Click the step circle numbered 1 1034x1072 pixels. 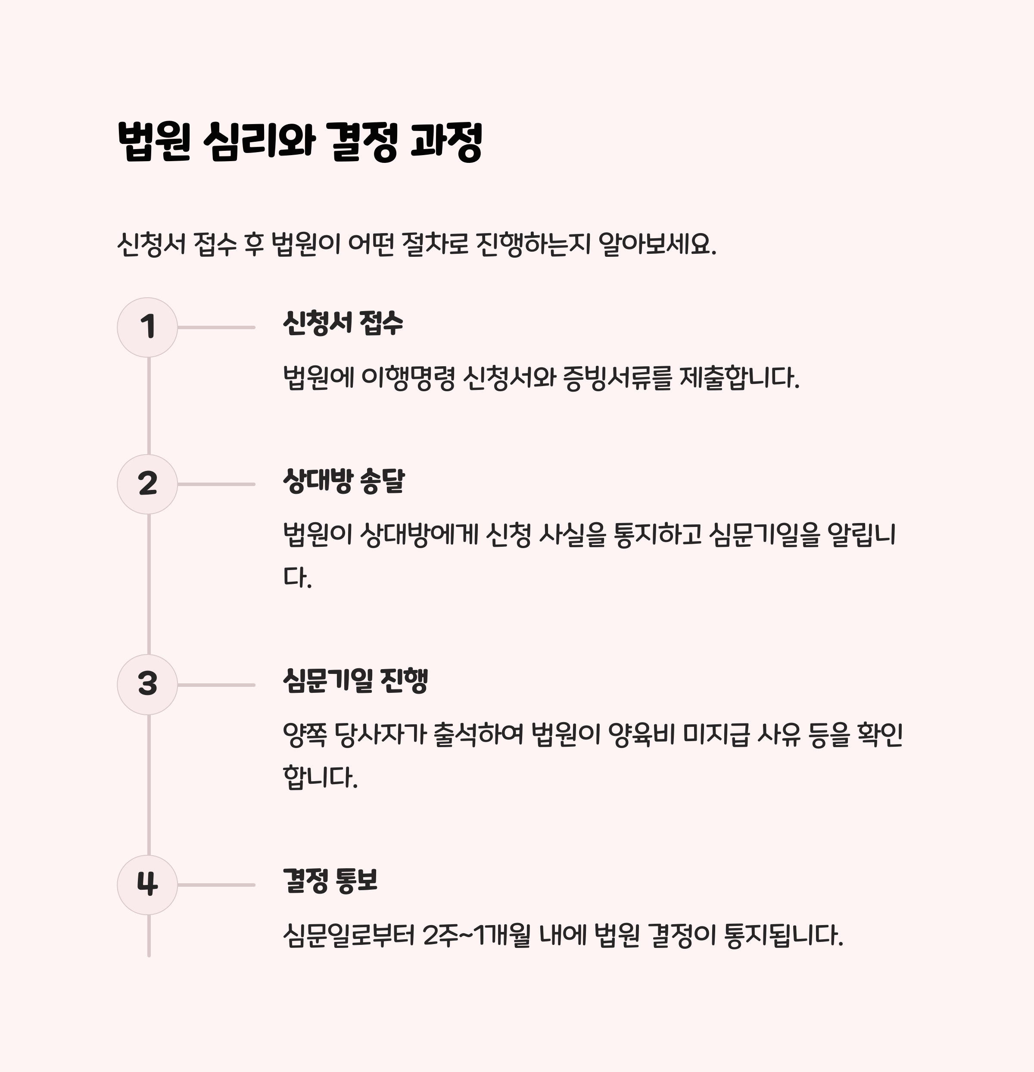point(147,327)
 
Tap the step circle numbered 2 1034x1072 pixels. point(147,484)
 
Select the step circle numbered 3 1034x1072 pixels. point(147,684)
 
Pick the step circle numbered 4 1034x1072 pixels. point(147,885)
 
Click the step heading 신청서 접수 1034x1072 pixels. point(343,323)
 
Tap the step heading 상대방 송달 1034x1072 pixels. point(343,481)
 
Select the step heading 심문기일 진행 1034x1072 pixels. point(355,681)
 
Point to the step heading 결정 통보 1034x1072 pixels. point(330,881)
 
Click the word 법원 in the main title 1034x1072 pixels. point(154,142)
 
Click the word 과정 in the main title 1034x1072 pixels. point(445,142)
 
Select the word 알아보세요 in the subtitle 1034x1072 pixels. point(657,244)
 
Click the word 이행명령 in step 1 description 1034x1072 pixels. point(408,377)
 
